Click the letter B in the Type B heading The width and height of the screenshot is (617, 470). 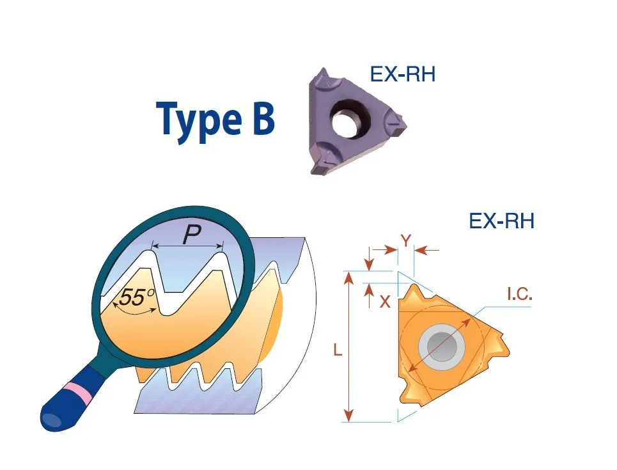260,117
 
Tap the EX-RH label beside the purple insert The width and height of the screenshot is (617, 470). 403,74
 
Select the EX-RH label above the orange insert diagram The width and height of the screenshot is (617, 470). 502,221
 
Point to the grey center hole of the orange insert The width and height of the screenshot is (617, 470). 442,347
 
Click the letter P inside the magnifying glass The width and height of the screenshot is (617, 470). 192,235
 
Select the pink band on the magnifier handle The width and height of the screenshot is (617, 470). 80,389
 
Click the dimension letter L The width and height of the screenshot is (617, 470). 338,350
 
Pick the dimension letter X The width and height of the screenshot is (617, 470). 385,302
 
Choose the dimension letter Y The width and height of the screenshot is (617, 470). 405,240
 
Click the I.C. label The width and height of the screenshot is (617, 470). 519,294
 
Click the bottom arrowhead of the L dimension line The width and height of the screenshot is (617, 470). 348,415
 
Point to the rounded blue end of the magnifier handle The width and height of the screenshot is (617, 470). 53,418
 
